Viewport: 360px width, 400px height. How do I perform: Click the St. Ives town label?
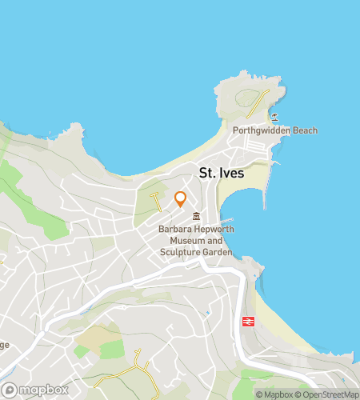tap(222, 173)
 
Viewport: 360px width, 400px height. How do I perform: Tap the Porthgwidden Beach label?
tap(274, 130)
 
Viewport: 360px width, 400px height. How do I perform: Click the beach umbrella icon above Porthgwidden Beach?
tap(274, 117)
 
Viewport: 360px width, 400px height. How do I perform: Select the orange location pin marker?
tap(180, 199)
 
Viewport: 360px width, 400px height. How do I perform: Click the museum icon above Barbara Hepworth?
tap(196, 215)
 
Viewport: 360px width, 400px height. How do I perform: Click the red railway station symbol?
tap(249, 322)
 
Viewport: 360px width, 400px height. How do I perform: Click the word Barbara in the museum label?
tap(174, 229)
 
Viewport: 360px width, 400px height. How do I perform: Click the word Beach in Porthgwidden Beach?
tap(304, 130)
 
